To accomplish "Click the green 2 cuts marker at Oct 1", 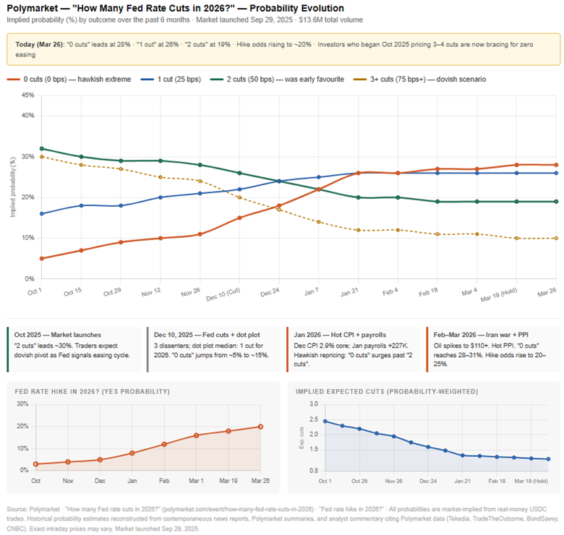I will tap(42, 148).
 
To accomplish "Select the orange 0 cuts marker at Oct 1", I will tap(42, 258).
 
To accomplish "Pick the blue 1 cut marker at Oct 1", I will tap(42, 213).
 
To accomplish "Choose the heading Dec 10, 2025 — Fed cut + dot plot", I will tap(207, 335).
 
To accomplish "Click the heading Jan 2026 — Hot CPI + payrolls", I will tap(340, 335).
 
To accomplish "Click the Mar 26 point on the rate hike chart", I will tap(260, 427).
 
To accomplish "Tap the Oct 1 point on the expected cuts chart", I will tap(325, 421).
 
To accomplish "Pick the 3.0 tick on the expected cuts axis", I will tap(313, 403).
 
